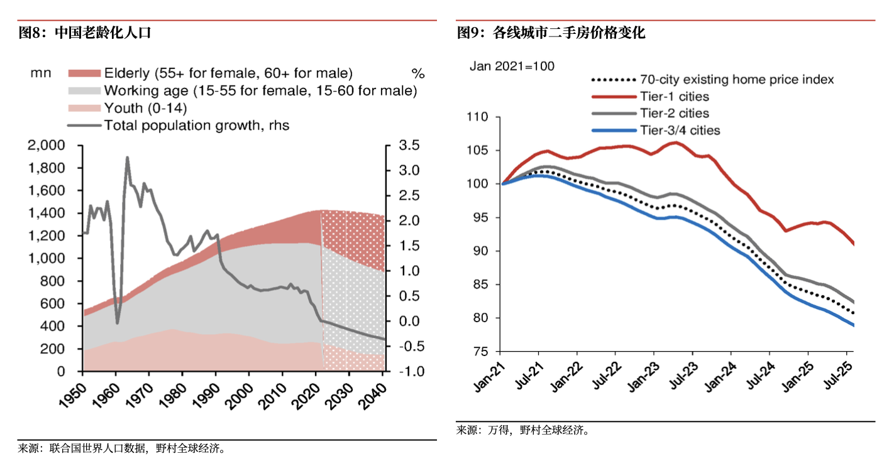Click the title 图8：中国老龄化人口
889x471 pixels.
click(85, 33)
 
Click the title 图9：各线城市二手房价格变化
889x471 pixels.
click(551, 33)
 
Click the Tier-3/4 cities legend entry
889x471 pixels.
click(680, 131)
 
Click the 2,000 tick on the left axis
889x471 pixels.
click(48, 146)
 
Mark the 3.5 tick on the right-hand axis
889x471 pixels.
click(409, 146)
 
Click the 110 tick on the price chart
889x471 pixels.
click(478, 117)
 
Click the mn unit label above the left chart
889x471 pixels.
click(40, 73)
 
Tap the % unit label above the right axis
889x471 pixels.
click(418, 73)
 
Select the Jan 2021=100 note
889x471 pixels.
click(512, 66)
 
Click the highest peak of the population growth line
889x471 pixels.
click(127, 158)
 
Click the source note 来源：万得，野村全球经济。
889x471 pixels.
click(523, 431)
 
